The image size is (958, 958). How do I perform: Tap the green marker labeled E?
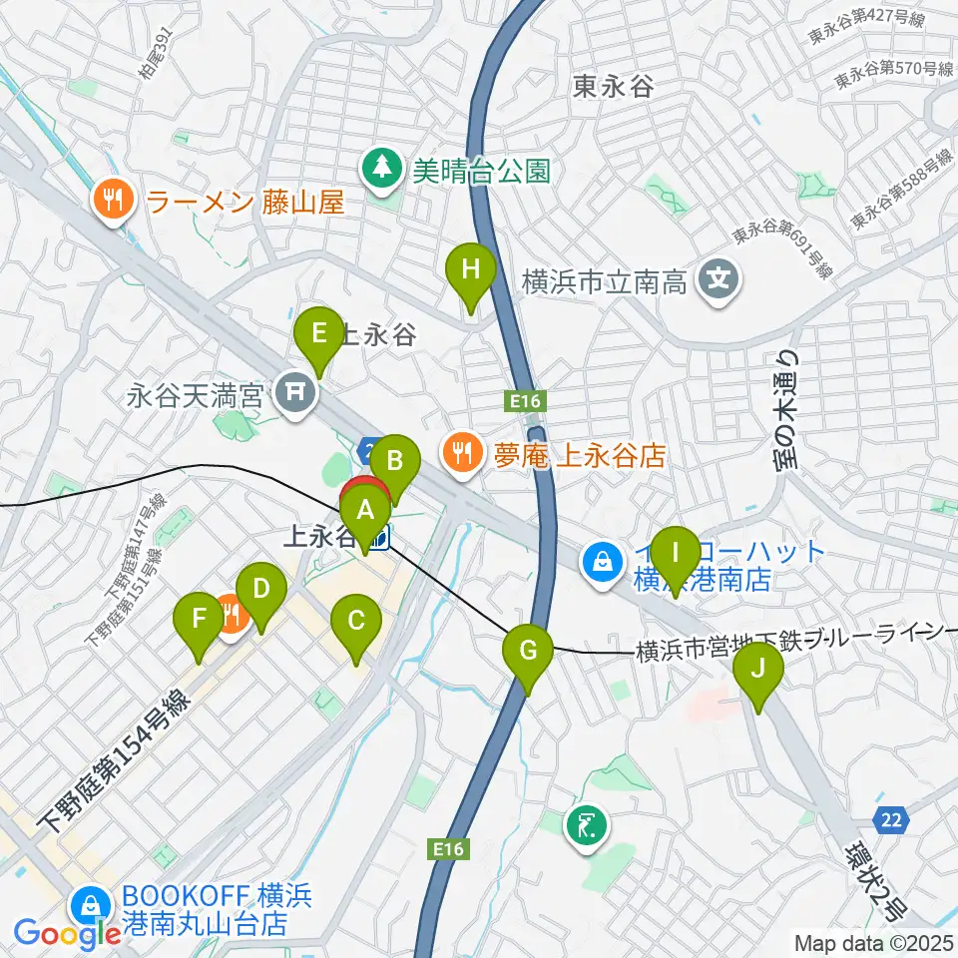(x=318, y=333)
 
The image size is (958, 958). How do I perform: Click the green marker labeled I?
(x=675, y=553)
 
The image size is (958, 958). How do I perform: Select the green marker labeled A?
(x=365, y=513)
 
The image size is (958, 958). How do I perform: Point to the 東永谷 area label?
(x=613, y=87)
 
